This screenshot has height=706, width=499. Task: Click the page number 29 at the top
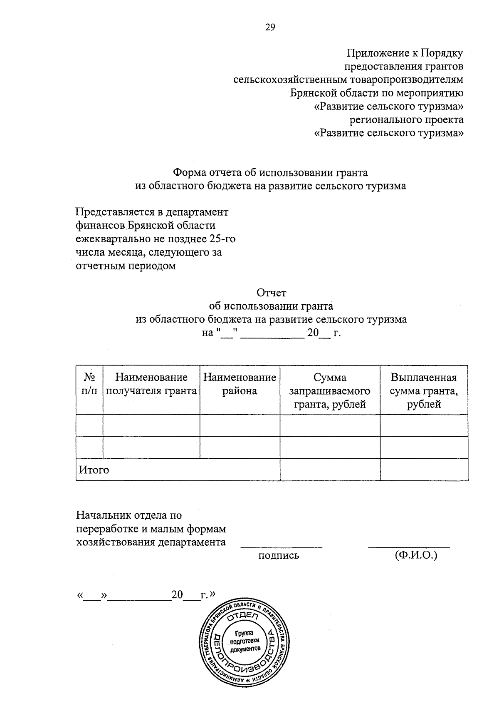tap(270, 27)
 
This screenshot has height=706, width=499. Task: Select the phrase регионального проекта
tap(406, 120)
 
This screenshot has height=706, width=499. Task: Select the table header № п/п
tap(89, 384)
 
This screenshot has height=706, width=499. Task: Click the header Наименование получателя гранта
tap(151, 384)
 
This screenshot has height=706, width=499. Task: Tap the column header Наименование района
tap(240, 384)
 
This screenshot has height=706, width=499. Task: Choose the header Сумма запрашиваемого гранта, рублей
tap(330, 390)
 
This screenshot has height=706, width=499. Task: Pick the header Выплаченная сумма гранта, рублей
tap(424, 390)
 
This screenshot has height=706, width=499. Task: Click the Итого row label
tap(94, 470)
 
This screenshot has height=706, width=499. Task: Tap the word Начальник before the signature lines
tap(103, 515)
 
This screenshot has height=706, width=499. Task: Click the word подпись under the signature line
tap(279, 555)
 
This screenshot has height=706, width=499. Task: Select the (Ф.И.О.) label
tap(416, 555)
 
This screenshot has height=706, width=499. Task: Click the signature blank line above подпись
tap(282, 546)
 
